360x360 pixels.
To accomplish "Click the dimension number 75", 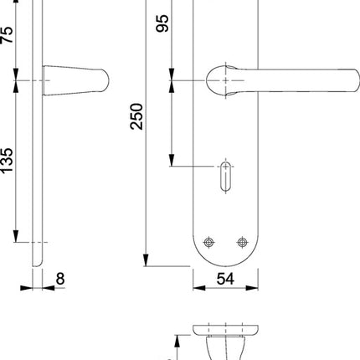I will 8,34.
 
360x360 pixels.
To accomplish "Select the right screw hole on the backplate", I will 243,243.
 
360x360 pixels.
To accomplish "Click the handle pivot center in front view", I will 225,80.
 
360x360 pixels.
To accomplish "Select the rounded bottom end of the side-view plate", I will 37,263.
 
